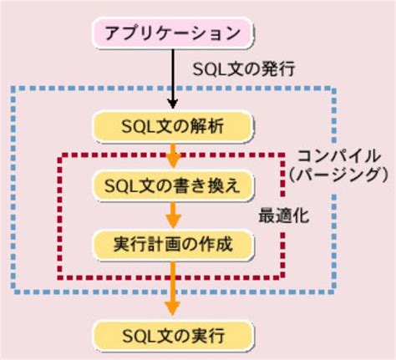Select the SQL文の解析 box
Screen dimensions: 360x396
tap(173, 126)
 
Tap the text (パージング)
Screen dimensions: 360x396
tap(338, 174)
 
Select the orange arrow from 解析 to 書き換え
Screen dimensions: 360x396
tap(173, 155)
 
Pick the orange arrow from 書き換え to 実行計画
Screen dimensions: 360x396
tap(173, 215)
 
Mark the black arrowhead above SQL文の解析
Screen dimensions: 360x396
tap(173, 103)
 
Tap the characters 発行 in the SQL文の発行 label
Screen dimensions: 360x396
tap(268, 65)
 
